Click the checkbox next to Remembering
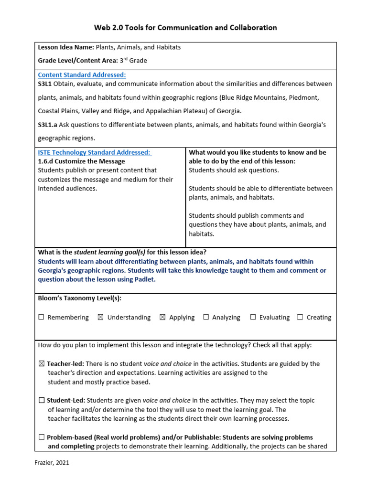(x=41, y=317)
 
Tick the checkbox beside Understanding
(x=100, y=317)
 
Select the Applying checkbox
(x=162, y=317)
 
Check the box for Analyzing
(x=206, y=317)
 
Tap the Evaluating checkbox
(x=253, y=317)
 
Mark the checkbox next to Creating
(x=300, y=317)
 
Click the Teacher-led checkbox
(x=41, y=364)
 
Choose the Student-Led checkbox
(x=42, y=401)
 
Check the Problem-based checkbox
(x=42, y=437)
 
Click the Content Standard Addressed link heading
(x=82, y=75)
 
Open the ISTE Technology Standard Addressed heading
(x=94, y=152)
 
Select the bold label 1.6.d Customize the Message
(x=81, y=161)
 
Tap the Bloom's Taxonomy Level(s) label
(x=80, y=298)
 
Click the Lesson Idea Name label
(x=66, y=48)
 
